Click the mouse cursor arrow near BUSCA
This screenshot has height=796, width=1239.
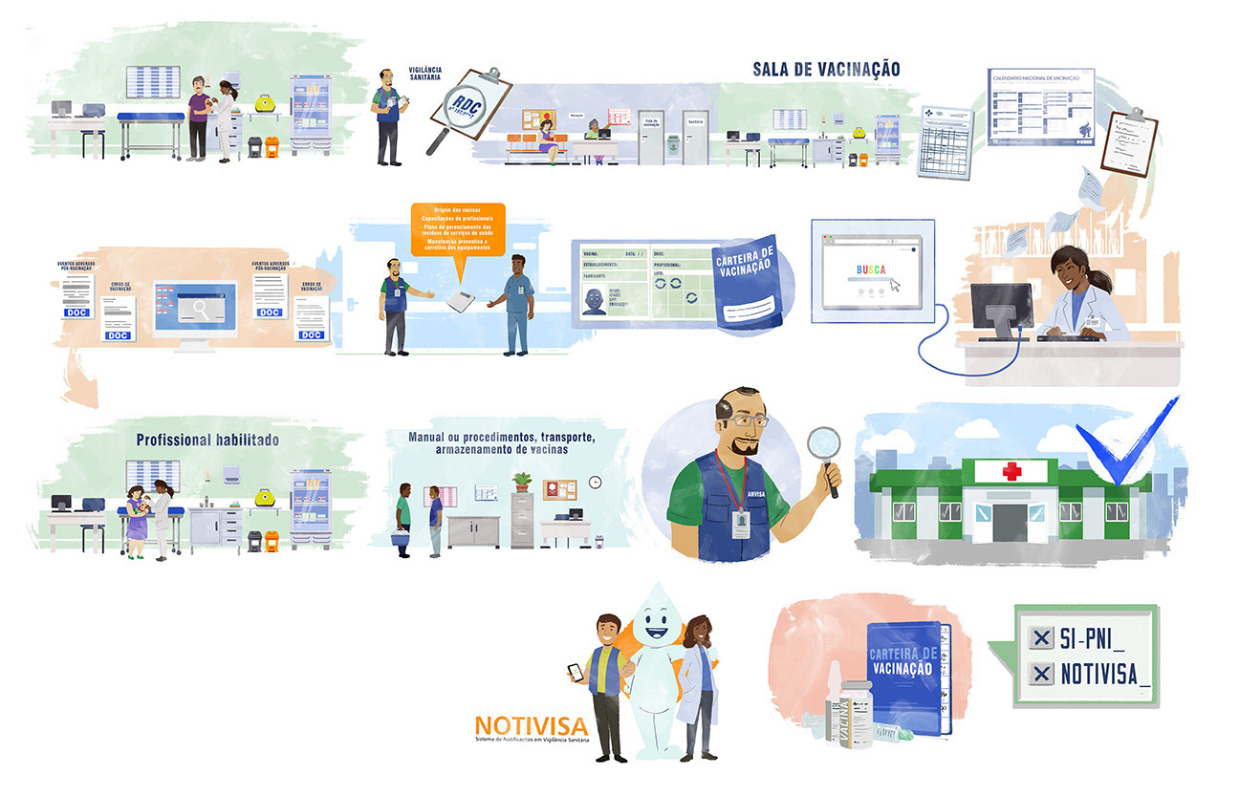[x=897, y=284]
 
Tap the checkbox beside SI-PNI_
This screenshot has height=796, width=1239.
[x=1037, y=638]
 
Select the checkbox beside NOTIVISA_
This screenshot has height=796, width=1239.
[x=1037, y=675]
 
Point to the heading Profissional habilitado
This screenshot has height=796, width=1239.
[x=207, y=441]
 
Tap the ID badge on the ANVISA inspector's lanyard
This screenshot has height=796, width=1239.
[x=739, y=523]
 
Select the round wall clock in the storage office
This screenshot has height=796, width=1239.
[x=595, y=483]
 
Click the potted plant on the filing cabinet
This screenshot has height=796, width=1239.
[x=521, y=481]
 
